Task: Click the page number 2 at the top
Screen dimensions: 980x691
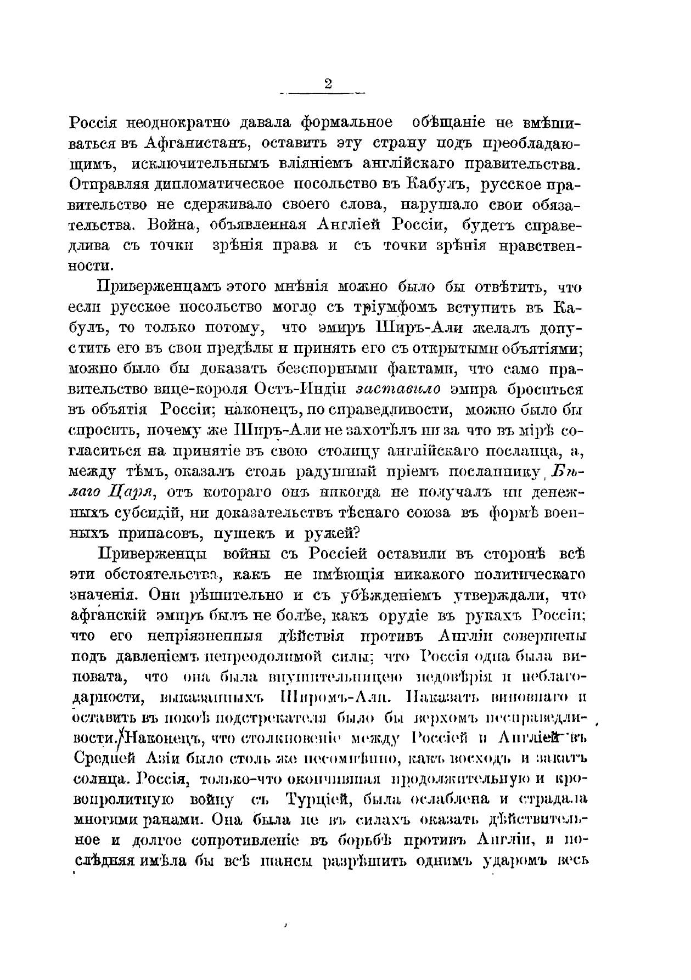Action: coord(328,84)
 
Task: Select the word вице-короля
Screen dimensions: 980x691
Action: coord(201,390)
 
